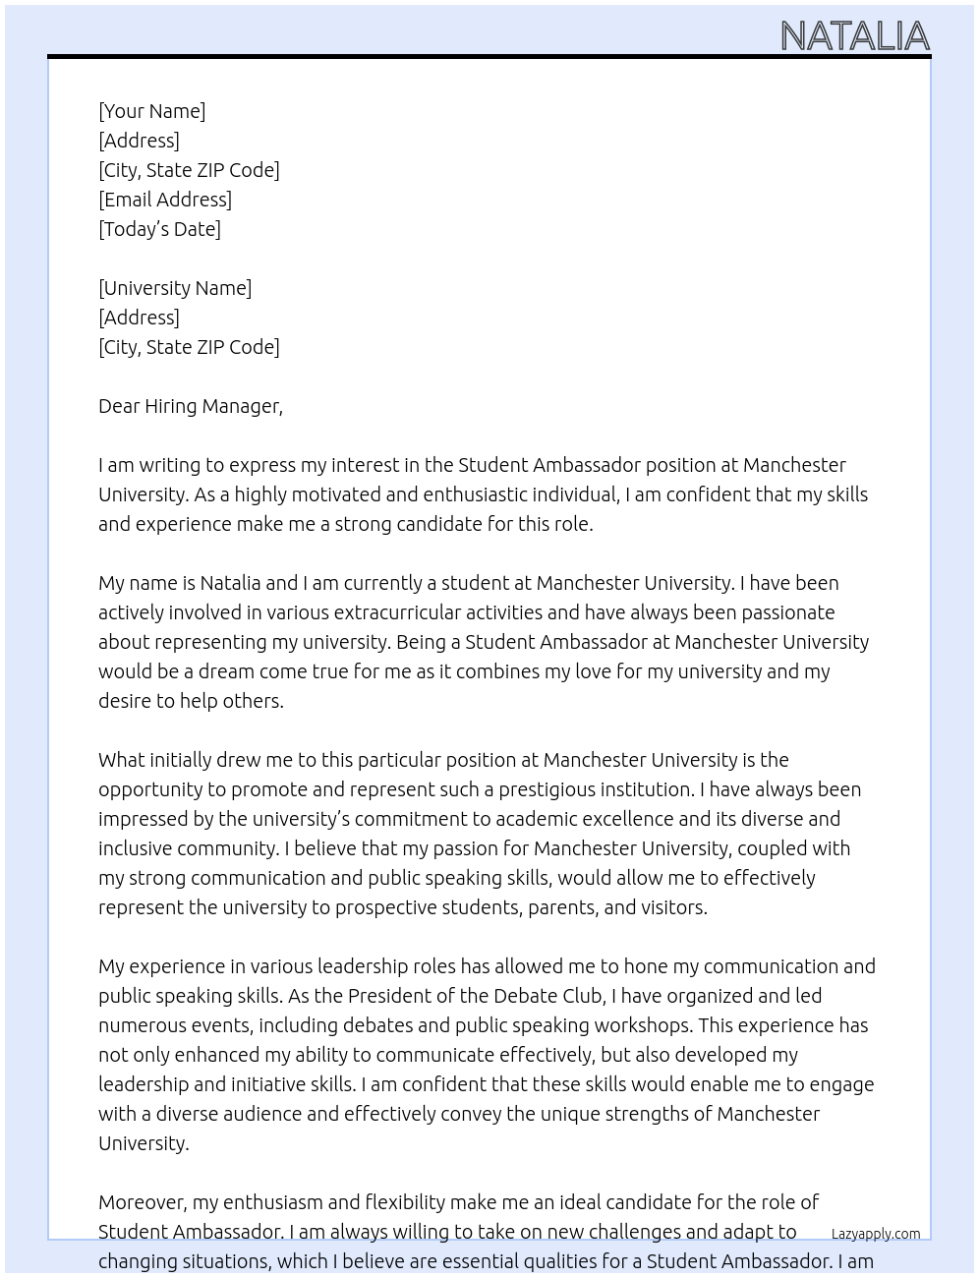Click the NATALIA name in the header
coord(854,36)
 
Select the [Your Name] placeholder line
coord(151,111)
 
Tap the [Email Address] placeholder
coord(165,200)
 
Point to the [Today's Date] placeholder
coord(159,229)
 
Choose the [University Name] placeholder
coord(175,288)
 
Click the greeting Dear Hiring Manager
coord(190,406)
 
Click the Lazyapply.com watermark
coord(875,1234)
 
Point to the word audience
coord(256,1114)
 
